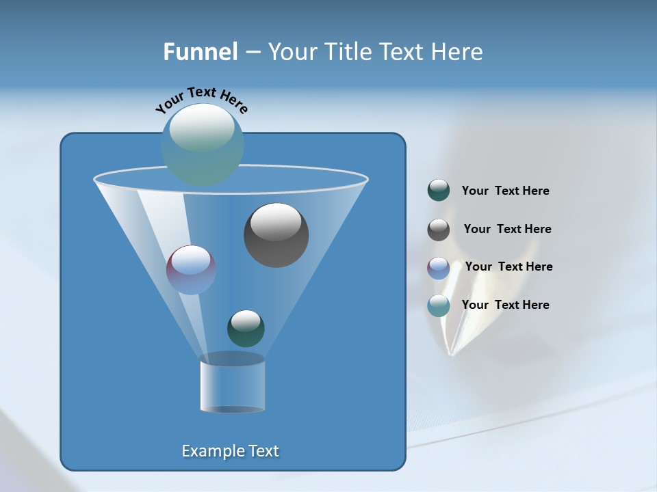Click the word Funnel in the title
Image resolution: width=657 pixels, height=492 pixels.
[200, 52]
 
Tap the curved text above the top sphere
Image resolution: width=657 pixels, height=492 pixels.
[201, 100]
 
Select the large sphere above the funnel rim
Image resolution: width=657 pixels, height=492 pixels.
[202, 144]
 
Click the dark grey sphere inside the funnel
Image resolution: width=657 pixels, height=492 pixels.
[276, 234]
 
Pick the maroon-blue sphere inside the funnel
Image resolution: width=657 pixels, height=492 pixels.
[191, 270]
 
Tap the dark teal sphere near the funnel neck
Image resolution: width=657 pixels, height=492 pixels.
[246, 328]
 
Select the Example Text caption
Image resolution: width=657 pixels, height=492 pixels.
[230, 451]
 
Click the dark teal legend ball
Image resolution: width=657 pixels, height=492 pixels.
[439, 191]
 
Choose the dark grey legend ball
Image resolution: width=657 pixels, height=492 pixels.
[439, 230]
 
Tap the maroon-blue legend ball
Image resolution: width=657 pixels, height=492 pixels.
[439, 267]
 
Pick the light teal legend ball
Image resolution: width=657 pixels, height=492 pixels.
[439, 305]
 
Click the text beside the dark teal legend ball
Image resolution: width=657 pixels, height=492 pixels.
[505, 191]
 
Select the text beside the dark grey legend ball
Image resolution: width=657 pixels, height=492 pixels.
[507, 230]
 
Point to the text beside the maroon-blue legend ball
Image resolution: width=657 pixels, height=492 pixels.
[508, 267]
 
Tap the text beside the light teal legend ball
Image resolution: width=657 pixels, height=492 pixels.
[505, 305]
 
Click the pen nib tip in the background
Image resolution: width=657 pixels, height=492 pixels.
[450, 353]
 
